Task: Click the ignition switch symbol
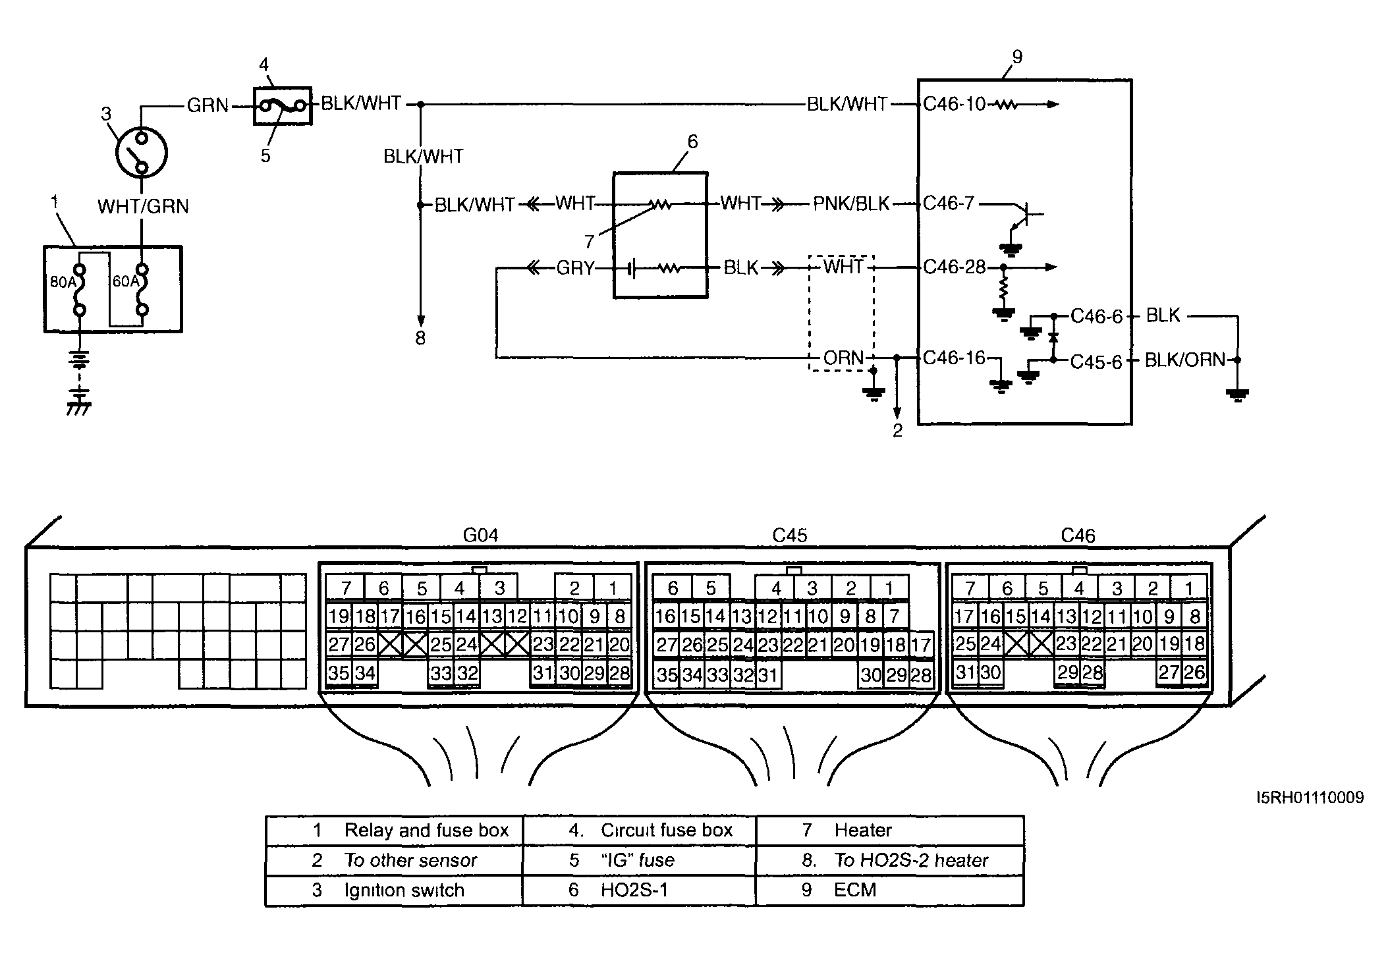141,152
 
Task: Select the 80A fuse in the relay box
80,290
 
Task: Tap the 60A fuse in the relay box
142,290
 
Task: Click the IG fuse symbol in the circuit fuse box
283,105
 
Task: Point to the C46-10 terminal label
954,104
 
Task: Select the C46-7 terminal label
949,203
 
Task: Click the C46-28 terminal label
955,267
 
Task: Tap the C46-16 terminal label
955,358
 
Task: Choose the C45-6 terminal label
1096,362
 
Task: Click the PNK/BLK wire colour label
851,204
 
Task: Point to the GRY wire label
575,268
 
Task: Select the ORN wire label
843,358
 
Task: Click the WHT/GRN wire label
143,206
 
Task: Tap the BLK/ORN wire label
1185,360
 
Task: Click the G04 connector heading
480,535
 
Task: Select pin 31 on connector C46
965,672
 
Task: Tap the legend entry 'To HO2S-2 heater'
911,860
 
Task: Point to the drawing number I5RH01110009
1310,798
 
